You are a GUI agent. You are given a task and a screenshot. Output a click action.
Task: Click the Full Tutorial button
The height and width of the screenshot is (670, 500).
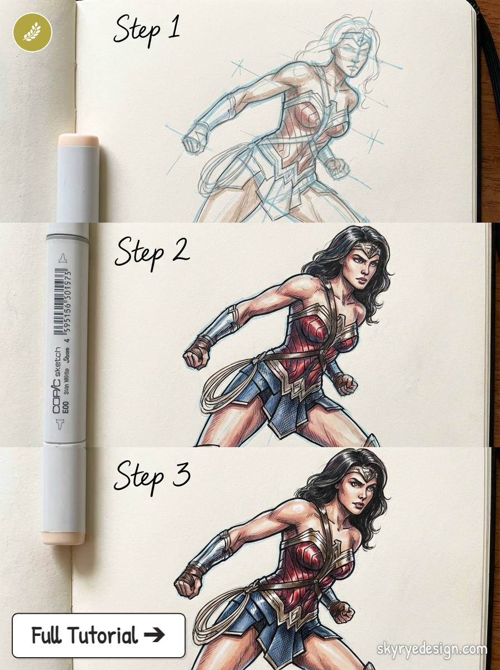pos(99,635)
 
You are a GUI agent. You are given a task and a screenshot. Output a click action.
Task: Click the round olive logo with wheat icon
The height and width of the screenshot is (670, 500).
pos(32,32)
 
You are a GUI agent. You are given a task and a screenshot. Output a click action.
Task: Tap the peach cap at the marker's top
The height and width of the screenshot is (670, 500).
pos(78,141)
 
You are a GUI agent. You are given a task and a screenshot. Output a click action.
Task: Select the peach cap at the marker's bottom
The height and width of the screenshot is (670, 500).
pos(62,538)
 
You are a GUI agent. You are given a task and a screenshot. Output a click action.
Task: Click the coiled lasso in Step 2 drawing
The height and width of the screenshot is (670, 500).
pos(223,385)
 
